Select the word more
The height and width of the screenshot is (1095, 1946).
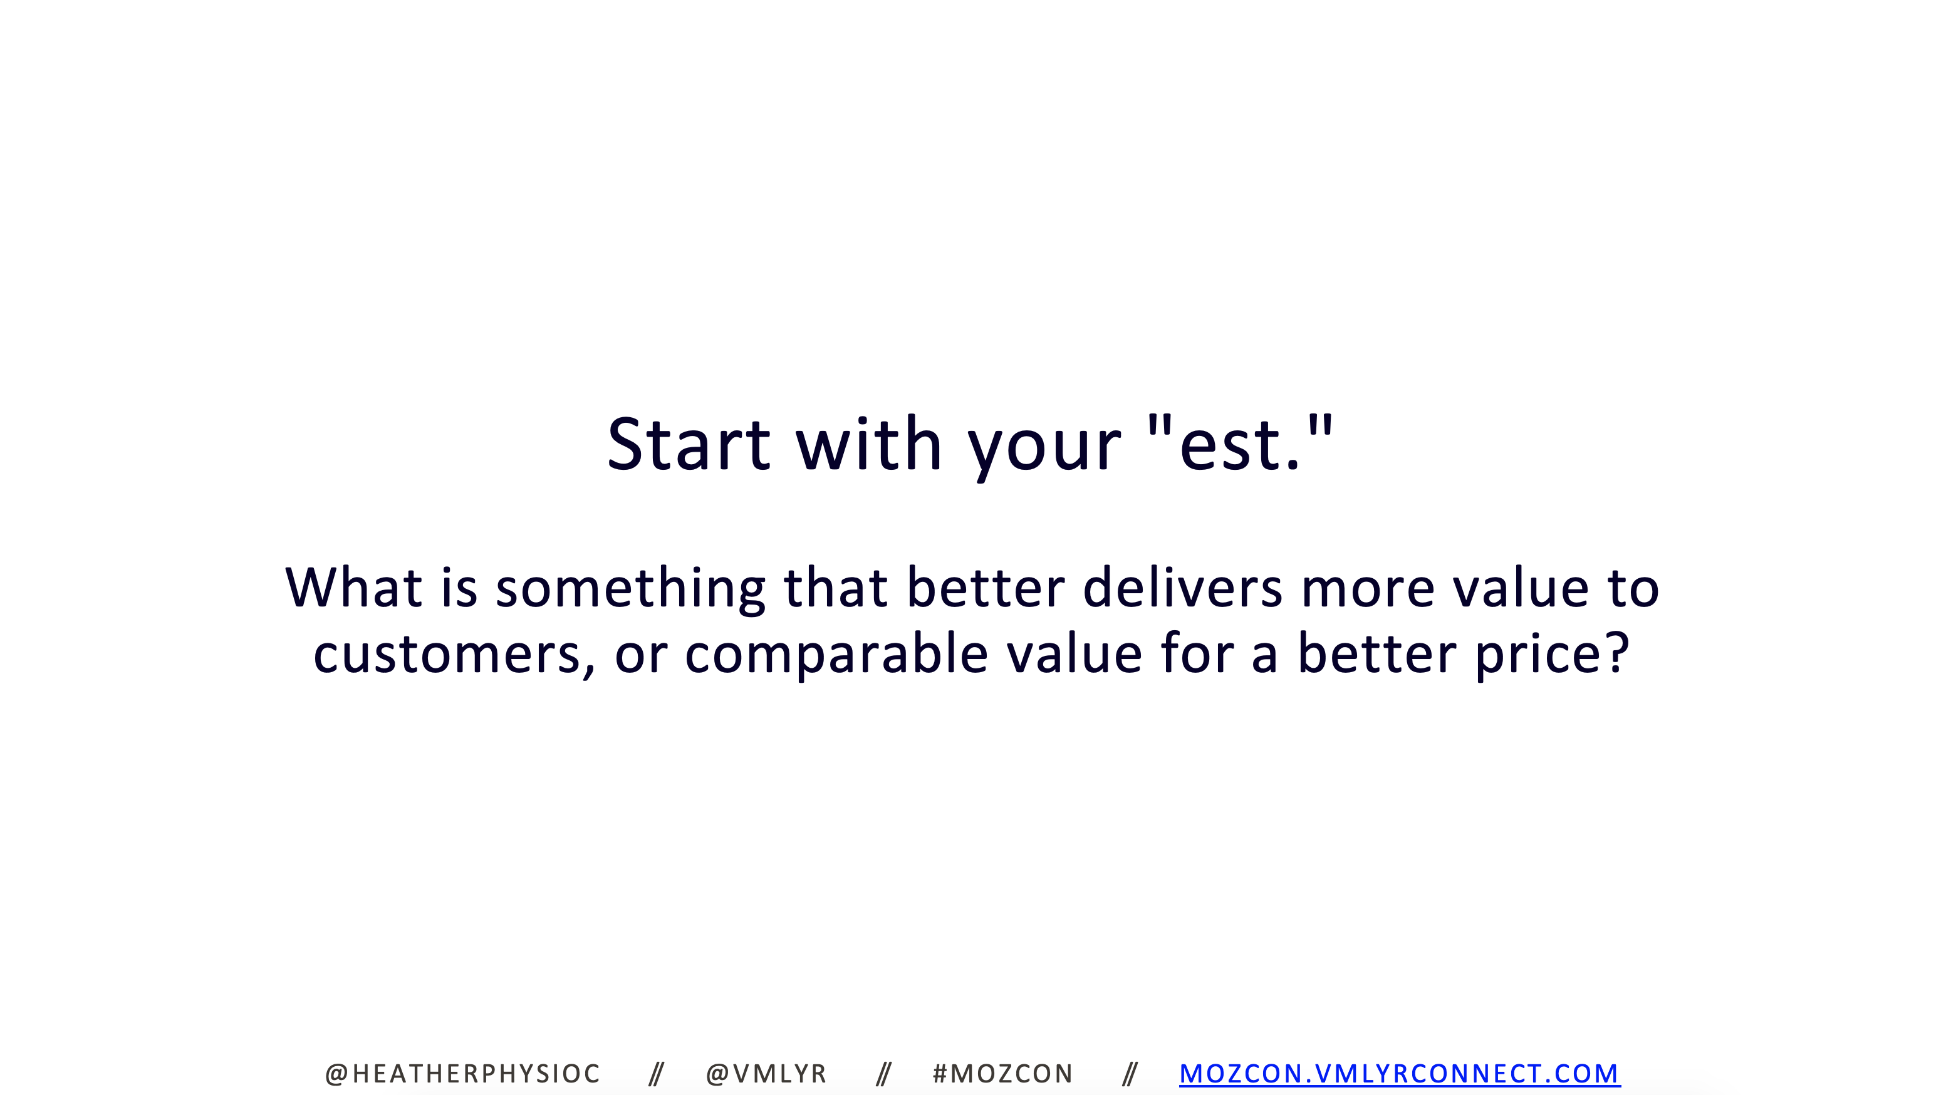(x=1368, y=592)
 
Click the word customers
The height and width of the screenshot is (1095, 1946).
(x=453, y=654)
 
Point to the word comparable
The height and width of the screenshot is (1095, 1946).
(x=836, y=657)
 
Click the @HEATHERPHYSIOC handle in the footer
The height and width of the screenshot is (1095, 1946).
(x=462, y=1074)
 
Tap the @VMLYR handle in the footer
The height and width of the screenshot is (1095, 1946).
(x=766, y=1074)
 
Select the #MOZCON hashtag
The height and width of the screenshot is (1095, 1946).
(x=1002, y=1074)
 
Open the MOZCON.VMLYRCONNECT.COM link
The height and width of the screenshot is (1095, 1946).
(x=1400, y=1074)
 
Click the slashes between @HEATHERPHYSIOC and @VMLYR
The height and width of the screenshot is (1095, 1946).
(x=657, y=1074)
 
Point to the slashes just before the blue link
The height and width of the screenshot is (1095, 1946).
(x=1130, y=1074)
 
